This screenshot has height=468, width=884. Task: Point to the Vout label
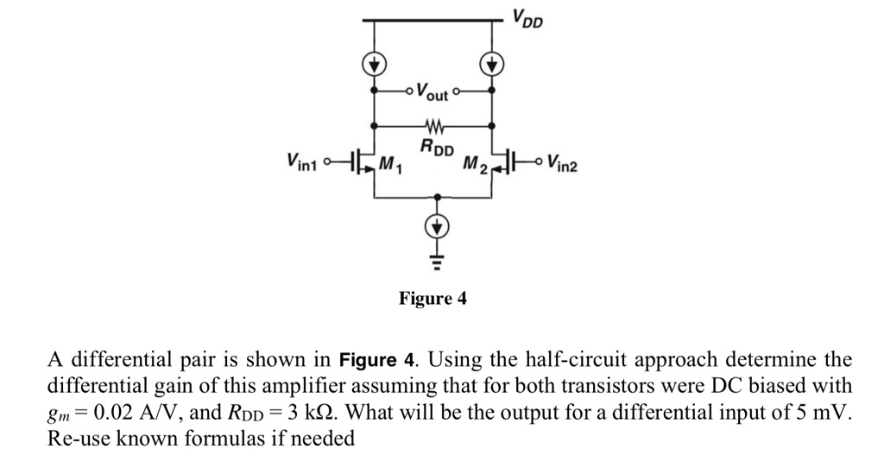pyautogui.click(x=433, y=90)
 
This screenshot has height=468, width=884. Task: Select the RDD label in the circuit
pyautogui.click(x=436, y=149)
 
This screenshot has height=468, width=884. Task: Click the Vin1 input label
pyautogui.click(x=302, y=161)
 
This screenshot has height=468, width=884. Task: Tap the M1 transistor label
pyautogui.click(x=391, y=164)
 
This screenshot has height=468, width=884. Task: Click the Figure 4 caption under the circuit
pyautogui.click(x=433, y=299)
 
